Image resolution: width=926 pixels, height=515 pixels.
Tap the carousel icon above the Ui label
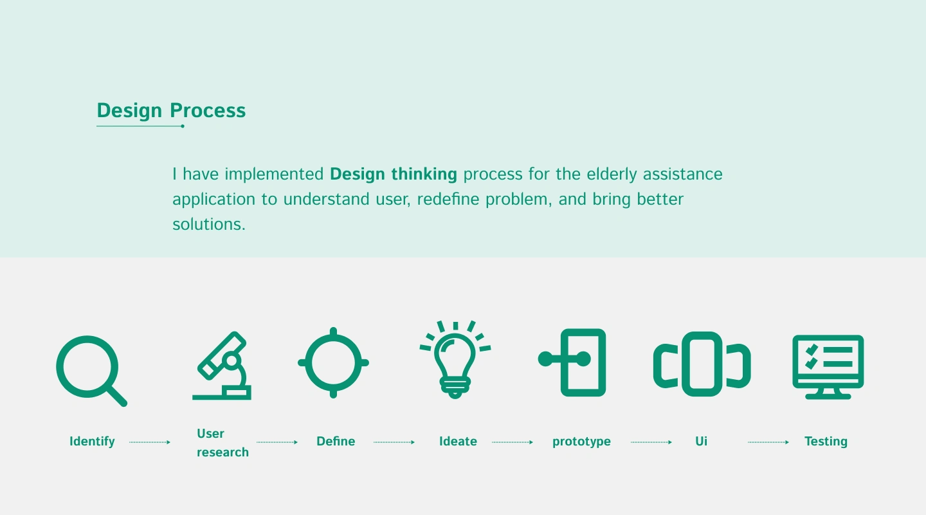[702, 335]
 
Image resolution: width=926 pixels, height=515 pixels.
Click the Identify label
[92, 442]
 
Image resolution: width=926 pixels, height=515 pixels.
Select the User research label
[222, 443]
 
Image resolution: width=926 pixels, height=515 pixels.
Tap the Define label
[336, 442]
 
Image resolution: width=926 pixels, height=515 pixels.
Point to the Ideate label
[458, 442]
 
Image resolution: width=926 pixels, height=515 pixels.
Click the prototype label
[581, 442]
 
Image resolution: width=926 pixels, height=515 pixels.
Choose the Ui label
[701, 442]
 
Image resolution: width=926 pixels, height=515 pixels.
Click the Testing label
[826, 442]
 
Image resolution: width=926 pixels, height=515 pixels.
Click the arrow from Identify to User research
[150, 442]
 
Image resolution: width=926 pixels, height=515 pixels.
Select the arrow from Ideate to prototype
[513, 442]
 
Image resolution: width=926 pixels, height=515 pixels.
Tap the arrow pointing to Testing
[768, 442]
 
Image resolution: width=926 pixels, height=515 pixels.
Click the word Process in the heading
[208, 111]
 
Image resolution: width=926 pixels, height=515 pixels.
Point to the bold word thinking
[424, 174]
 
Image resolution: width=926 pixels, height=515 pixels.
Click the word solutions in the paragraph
[209, 225]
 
